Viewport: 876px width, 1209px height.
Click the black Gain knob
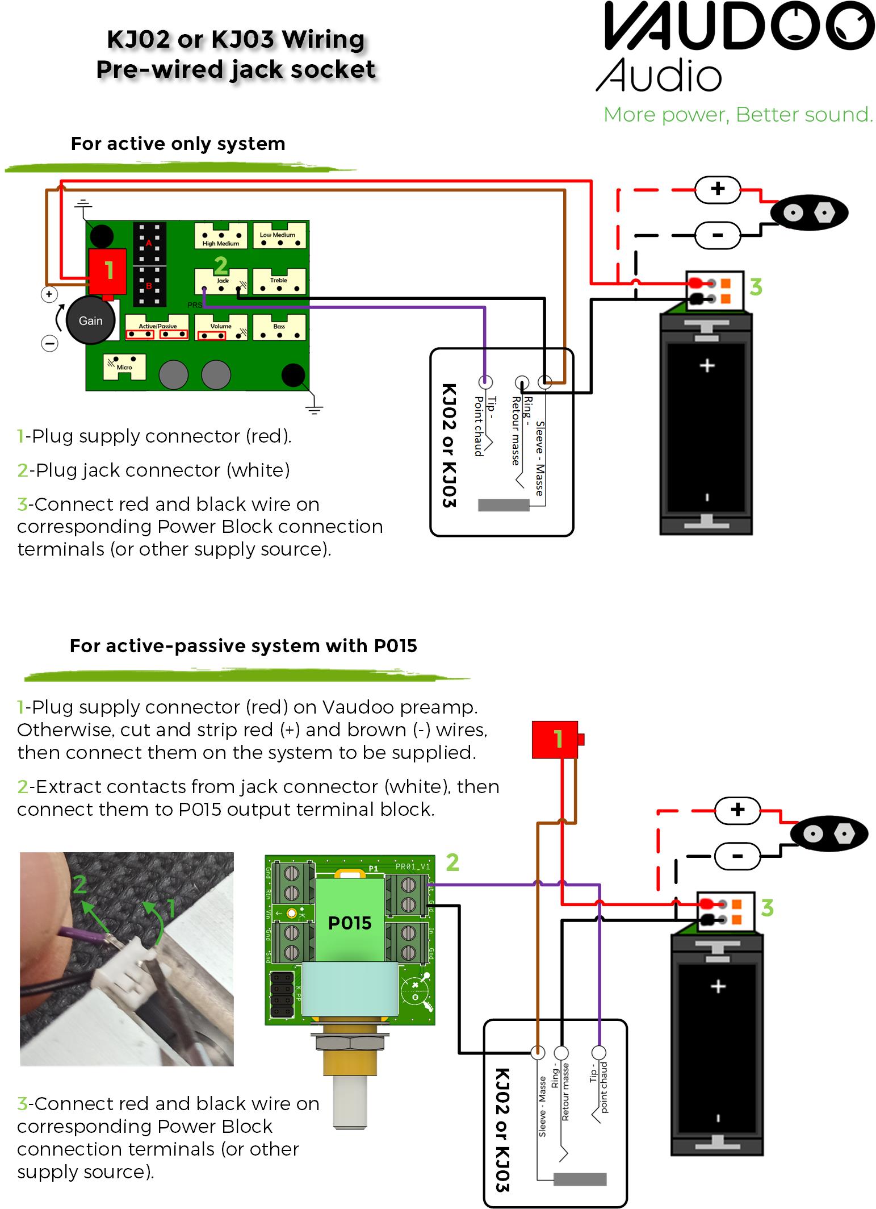pyautogui.click(x=90, y=320)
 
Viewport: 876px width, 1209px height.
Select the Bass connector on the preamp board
pyautogui.click(x=279, y=327)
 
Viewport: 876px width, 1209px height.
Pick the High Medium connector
pyautogui.click(x=221, y=236)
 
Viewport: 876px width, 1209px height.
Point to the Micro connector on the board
pyautogui.click(x=124, y=366)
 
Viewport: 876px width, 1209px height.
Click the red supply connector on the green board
pyautogui.click(x=107, y=271)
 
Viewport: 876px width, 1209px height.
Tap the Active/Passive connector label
pyautogui.click(x=158, y=326)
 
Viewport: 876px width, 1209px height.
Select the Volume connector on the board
pyautogui.click(x=221, y=327)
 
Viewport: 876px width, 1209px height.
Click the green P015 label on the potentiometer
pyautogui.click(x=350, y=923)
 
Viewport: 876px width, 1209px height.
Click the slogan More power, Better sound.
pyautogui.click(x=738, y=115)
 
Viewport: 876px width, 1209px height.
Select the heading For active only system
pyautogui.click(x=178, y=144)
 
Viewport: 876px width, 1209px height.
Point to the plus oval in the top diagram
pyautogui.click(x=718, y=189)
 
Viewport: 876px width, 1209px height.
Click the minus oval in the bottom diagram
pyautogui.click(x=737, y=856)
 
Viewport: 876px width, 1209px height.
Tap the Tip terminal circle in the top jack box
pyautogui.click(x=485, y=382)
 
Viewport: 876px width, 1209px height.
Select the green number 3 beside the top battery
pyautogui.click(x=756, y=287)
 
